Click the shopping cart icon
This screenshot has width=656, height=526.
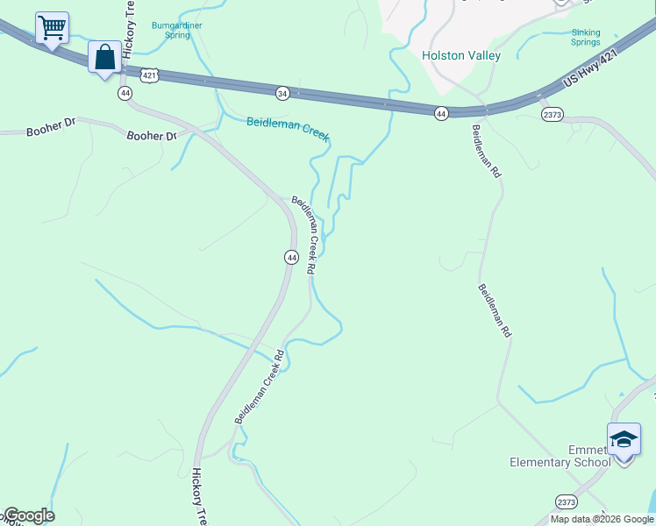click(x=52, y=27)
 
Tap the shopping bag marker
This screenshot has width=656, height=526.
click(x=104, y=58)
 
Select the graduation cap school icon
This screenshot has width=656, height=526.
click(x=624, y=437)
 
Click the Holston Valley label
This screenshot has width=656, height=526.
click(x=461, y=55)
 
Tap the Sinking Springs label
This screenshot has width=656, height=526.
click(x=586, y=37)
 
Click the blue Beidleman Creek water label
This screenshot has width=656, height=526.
click(x=287, y=128)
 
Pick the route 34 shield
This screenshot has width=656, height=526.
click(x=282, y=92)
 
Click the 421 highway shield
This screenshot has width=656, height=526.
click(x=150, y=76)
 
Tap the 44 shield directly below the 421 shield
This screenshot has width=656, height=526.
click(x=125, y=92)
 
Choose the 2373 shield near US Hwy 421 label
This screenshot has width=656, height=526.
click(x=553, y=114)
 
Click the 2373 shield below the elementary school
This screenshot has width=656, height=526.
click(x=567, y=501)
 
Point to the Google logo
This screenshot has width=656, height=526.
click(x=28, y=515)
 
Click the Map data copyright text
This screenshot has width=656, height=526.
click(x=601, y=519)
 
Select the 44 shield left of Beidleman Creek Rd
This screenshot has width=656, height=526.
click(x=291, y=257)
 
